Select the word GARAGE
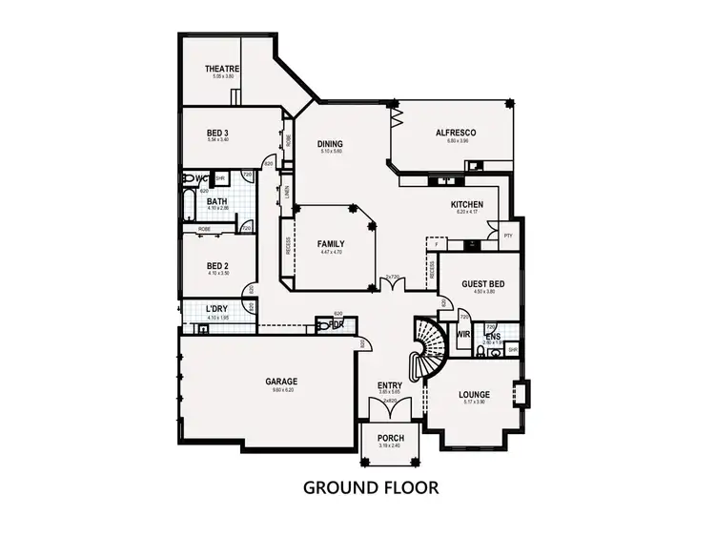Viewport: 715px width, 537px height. click(x=281, y=381)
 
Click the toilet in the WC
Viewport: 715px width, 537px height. click(x=189, y=178)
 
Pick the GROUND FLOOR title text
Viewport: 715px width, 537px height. click(x=370, y=487)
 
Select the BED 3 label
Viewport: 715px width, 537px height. click(x=218, y=133)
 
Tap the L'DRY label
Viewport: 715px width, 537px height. click(x=217, y=308)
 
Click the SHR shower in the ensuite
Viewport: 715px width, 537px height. click(x=512, y=349)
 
